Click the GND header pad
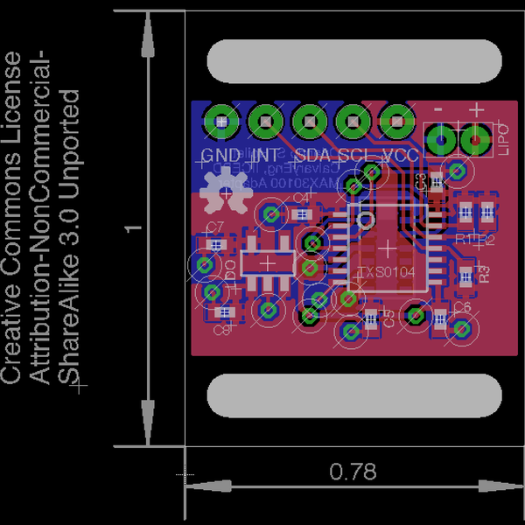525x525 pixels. (x=220, y=121)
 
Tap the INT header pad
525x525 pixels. (x=264, y=121)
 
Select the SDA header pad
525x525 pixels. (x=309, y=121)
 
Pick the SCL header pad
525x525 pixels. (x=353, y=121)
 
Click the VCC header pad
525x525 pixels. (x=398, y=121)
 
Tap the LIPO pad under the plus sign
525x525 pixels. (x=475, y=138)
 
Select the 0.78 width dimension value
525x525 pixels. (x=353, y=472)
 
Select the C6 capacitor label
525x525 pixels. (x=462, y=308)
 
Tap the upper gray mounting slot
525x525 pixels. (x=354, y=61)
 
